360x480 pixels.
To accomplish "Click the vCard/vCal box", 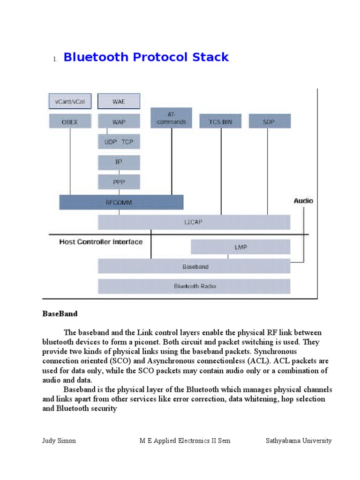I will point(70,101).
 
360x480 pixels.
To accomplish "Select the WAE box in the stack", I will point(119,101).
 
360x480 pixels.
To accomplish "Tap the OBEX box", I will point(70,121).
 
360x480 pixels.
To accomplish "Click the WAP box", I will point(119,121).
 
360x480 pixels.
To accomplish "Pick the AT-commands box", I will point(172,118).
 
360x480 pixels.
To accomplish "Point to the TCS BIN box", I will point(220,121).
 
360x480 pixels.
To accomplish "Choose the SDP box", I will point(269,121).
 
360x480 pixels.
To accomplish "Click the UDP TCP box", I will point(119,142).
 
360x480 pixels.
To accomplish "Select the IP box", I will point(119,162).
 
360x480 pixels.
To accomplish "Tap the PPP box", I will point(119,181).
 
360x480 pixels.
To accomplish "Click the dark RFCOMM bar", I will point(121,202).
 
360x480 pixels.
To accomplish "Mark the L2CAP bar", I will point(194,222).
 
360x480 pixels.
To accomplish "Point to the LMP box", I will point(240,247).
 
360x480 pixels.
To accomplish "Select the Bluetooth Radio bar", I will point(194,286).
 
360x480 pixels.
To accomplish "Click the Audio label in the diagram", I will point(303,201).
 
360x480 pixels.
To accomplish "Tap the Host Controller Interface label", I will point(101,242).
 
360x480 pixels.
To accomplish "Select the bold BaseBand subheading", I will point(60,313).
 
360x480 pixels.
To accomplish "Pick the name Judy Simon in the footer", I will point(59,441).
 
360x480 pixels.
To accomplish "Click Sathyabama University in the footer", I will point(299,441).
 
